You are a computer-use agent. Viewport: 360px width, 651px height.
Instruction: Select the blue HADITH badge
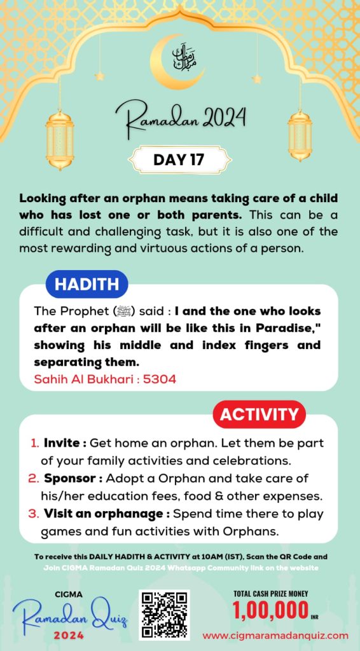coord(86,285)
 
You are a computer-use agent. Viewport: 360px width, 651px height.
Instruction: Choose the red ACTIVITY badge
coord(258,415)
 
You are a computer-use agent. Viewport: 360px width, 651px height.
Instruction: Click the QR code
coord(164,614)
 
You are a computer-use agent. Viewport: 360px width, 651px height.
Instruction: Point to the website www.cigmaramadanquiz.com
coord(275,635)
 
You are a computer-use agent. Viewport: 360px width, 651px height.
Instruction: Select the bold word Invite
coord(62,442)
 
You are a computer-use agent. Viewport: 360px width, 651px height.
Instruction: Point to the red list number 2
coord(34,478)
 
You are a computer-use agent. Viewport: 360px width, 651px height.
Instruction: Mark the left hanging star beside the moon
coord(99,76)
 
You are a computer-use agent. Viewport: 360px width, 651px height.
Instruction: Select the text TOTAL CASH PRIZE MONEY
coord(271,594)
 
